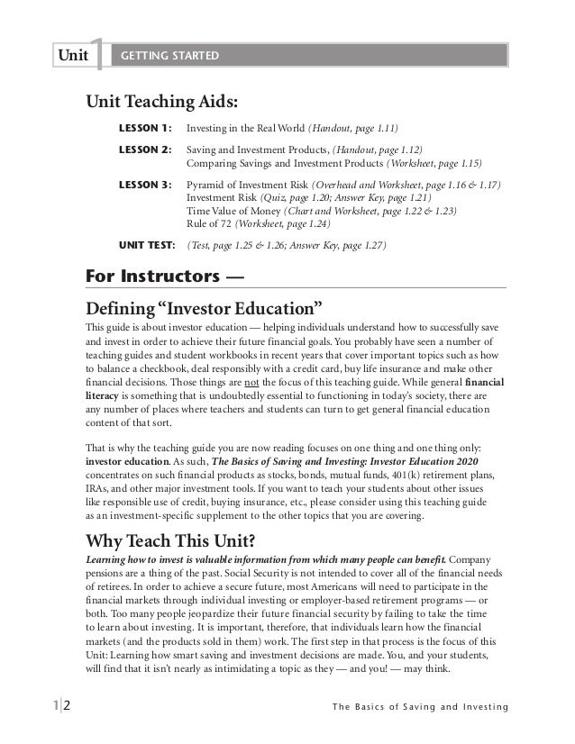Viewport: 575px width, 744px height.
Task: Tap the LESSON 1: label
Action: [145, 128]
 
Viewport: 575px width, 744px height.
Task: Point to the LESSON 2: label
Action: [145, 150]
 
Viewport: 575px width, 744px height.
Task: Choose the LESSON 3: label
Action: [145, 185]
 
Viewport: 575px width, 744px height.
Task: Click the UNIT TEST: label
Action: [148, 243]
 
